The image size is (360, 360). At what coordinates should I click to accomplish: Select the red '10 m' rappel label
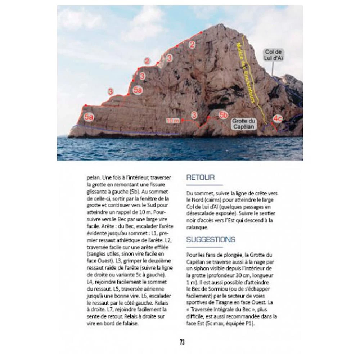click(x=173, y=121)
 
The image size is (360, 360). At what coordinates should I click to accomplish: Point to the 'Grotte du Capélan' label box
click(x=243, y=124)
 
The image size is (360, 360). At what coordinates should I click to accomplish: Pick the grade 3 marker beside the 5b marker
click(x=194, y=115)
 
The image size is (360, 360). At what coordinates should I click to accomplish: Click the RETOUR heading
click(x=201, y=177)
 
